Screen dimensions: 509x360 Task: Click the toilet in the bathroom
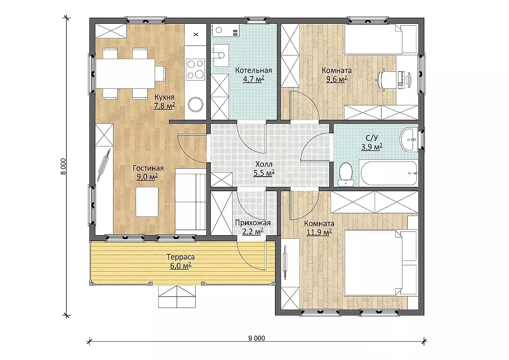(x=346, y=174)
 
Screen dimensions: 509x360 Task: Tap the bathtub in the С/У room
(x=389, y=173)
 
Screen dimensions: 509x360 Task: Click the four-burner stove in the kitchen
(x=195, y=69)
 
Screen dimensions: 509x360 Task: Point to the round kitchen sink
(x=195, y=104)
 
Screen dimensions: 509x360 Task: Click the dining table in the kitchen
(x=125, y=74)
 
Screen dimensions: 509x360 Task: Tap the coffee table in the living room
(x=147, y=202)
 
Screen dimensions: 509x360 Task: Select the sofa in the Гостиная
(x=191, y=202)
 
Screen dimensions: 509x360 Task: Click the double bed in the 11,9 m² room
(x=381, y=263)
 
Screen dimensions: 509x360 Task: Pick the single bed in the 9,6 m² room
(x=381, y=39)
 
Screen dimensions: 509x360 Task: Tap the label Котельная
(x=254, y=70)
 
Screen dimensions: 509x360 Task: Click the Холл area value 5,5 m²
(x=264, y=173)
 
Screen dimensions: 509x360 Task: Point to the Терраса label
(x=181, y=257)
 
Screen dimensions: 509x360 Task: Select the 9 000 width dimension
(x=257, y=338)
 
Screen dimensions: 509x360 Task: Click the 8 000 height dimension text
(x=63, y=166)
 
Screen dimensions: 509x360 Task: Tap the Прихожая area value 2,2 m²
(x=253, y=232)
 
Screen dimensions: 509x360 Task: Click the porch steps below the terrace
(x=177, y=297)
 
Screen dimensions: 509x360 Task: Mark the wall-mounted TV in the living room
(x=104, y=165)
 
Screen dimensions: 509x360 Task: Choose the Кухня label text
(x=165, y=97)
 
